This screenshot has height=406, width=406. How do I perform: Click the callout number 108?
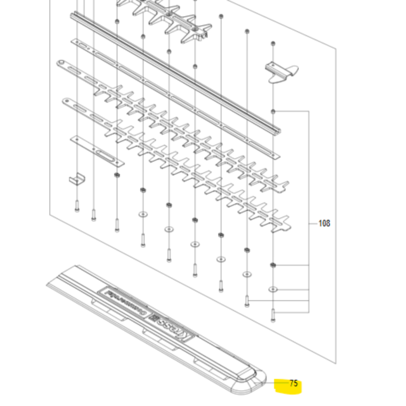324,223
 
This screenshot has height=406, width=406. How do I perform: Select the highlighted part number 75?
294,384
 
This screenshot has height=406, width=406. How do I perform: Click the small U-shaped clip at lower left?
76,179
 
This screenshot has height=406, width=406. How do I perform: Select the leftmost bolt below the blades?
76,206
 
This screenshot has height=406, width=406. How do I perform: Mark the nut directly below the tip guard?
274,111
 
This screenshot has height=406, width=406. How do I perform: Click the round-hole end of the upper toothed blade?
60,63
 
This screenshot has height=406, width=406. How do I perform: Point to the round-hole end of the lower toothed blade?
66,101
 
